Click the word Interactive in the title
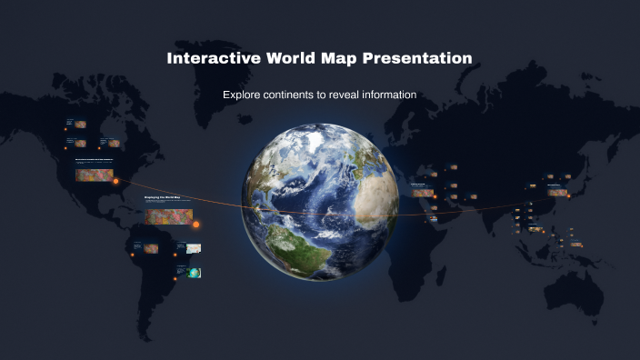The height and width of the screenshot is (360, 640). coord(214,58)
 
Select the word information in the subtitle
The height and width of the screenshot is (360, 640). coord(394,95)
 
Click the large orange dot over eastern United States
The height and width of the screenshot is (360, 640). coord(116,181)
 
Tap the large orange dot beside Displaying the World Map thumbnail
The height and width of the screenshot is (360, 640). coord(195,224)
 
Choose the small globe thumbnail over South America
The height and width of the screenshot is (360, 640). coord(195,273)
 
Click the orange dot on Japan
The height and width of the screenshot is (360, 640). coord(569,195)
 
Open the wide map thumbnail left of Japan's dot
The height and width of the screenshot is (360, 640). coord(555,192)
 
